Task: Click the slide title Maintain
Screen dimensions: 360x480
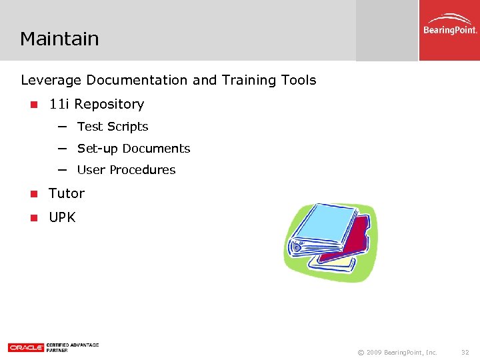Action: coord(59,39)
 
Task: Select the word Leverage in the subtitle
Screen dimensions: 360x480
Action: coord(51,81)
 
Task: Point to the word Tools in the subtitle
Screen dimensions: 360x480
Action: coord(299,81)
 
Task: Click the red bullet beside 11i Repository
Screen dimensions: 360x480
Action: coord(32,105)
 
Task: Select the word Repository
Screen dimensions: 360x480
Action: coord(109,105)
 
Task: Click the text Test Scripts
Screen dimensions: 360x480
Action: coord(113,127)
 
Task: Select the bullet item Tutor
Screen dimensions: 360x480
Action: coord(67,193)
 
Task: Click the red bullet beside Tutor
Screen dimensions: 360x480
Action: coord(32,194)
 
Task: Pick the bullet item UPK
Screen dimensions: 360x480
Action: coord(62,217)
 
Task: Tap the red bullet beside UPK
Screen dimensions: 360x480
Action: coord(32,218)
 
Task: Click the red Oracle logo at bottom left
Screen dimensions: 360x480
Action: coord(25,347)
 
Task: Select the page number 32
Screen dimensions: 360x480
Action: coord(465,352)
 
